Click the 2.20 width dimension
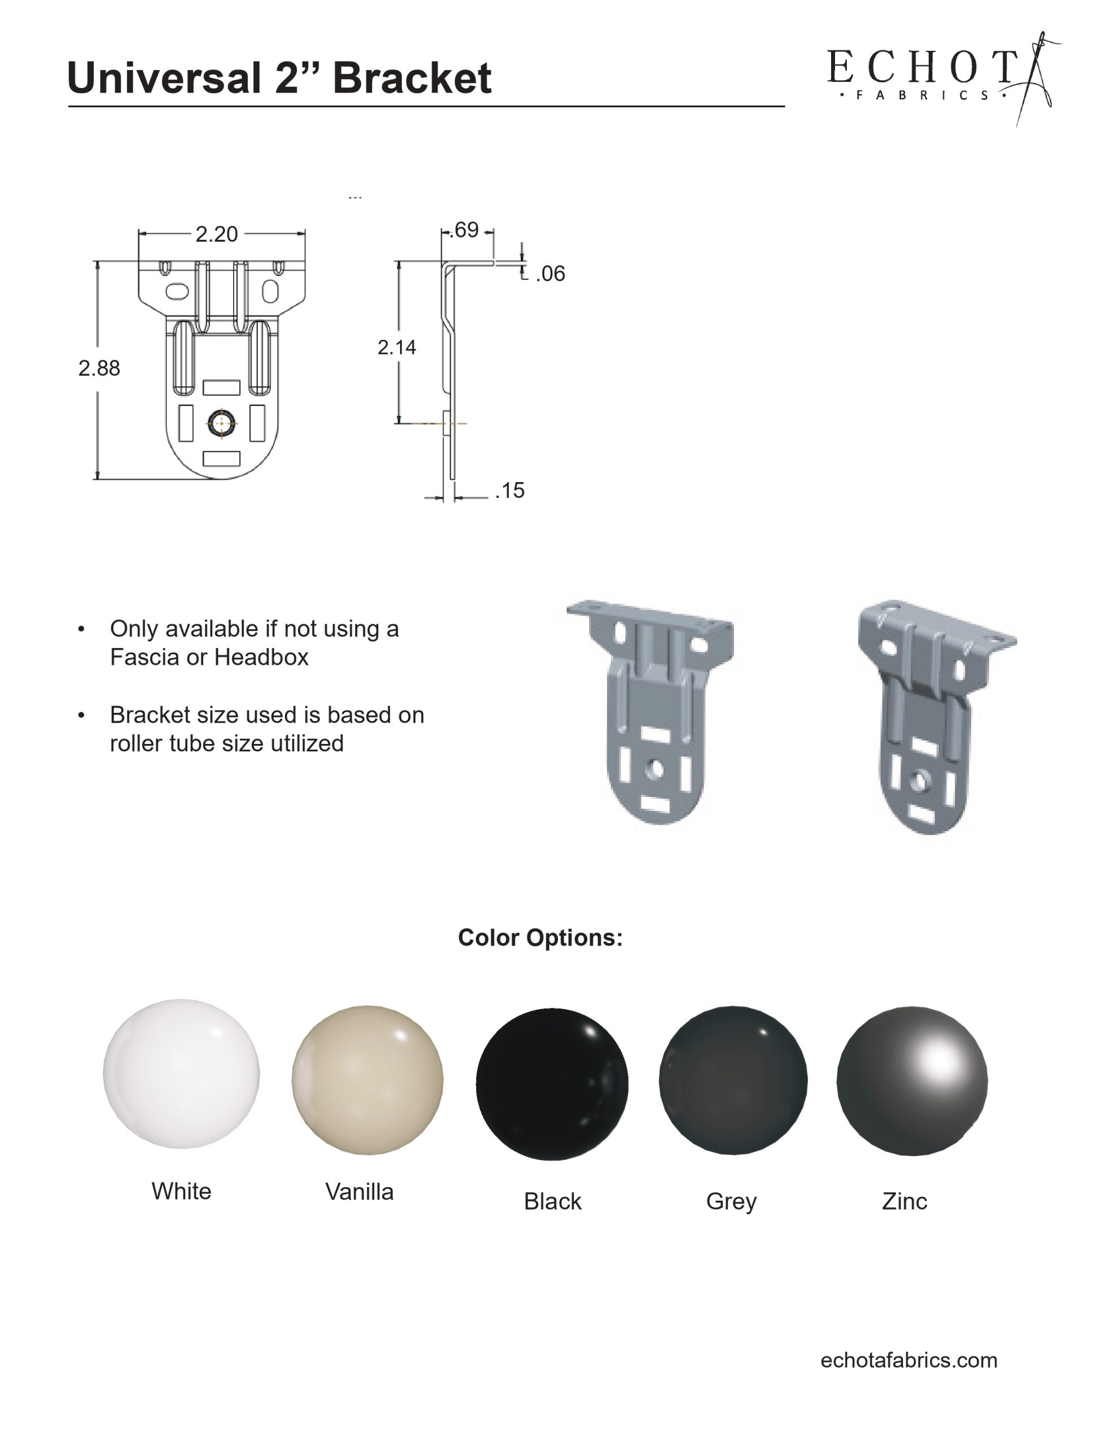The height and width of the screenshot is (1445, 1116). tap(216, 234)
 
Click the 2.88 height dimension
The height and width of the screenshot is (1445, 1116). tap(99, 368)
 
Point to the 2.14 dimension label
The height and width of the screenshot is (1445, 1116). tap(396, 347)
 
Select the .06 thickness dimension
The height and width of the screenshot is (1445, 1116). tap(551, 274)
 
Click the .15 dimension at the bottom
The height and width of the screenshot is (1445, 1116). tap(510, 491)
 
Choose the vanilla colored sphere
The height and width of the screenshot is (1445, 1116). tap(367, 1080)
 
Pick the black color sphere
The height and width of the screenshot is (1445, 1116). tap(552, 1084)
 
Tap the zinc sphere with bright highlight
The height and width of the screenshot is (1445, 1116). tap(912, 1081)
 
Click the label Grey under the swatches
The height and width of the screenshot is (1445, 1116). tap(731, 1201)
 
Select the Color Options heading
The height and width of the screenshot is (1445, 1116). tap(540, 938)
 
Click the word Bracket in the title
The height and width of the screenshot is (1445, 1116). tap(411, 78)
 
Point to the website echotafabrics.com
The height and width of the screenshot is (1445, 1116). tap(908, 1360)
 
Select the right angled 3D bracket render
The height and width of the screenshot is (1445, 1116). tap(933, 715)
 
